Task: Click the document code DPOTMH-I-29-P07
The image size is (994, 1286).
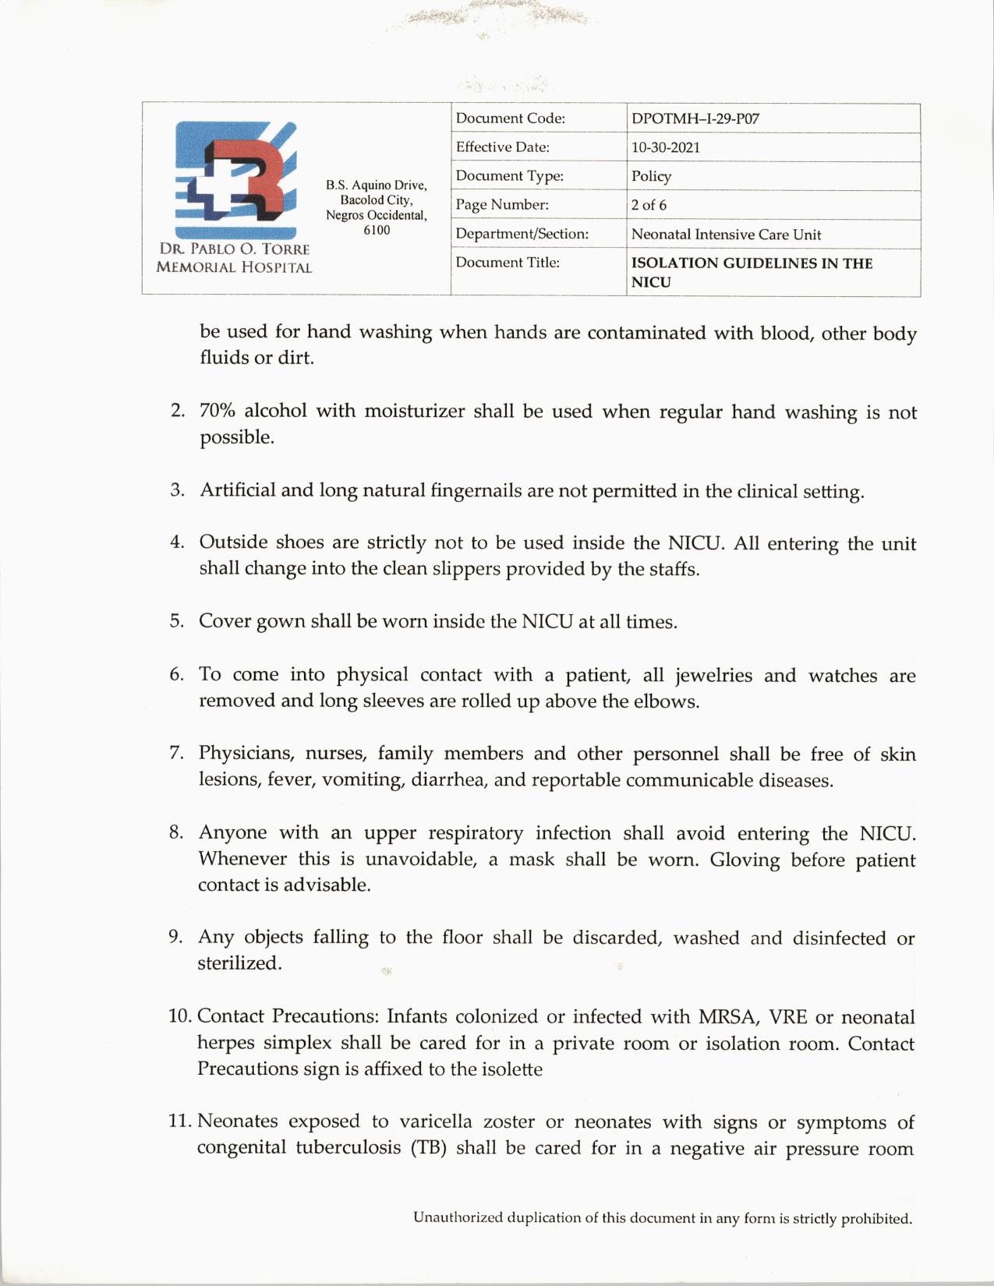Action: pyautogui.click(x=695, y=119)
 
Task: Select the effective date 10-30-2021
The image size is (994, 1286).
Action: pyautogui.click(x=665, y=148)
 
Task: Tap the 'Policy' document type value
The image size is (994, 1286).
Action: pyautogui.click(x=651, y=177)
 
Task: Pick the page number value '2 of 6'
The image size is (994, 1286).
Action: pyautogui.click(x=649, y=206)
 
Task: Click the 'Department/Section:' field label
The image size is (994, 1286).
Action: pyautogui.click(x=522, y=234)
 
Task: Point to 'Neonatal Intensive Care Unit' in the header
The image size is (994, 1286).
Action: pyautogui.click(x=726, y=235)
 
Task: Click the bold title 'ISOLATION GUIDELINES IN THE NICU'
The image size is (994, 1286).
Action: pyautogui.click(x=752, y=272)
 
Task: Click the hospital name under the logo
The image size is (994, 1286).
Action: pyautogui.click(x=234, y=258)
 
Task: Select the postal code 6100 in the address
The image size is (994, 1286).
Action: pyautogui.click(x=377, y=231)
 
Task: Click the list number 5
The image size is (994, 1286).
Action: pyautogui.click(x=176, y=621)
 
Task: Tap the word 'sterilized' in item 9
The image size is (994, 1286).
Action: pyautogui.click(x=238, y=963)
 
